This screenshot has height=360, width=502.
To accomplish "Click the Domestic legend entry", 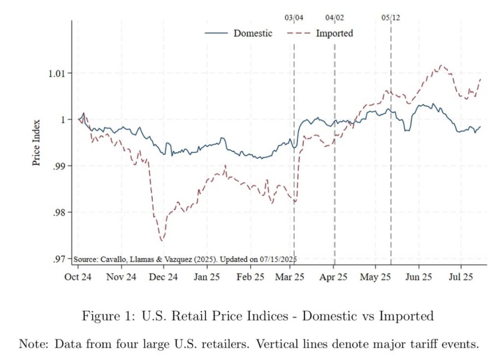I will click(x=252, y=33).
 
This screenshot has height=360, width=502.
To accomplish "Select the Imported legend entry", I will click(x=334, y=33).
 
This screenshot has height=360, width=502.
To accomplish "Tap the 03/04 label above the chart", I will click(x=294, y=18).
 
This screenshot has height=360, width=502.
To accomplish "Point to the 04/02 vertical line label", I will click(x=335, y=18).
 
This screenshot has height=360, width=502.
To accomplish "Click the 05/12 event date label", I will click(x=391, y=18).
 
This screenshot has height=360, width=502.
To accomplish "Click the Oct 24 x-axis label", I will click(x=78, y=277).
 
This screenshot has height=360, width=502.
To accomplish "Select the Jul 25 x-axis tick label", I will click(x=461, y=277).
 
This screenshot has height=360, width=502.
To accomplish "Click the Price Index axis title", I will click(x=37, y=143).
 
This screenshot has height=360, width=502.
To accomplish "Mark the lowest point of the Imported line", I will click(x=162, y=240).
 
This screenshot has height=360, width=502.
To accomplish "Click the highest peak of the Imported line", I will click(x=441, y=65).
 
